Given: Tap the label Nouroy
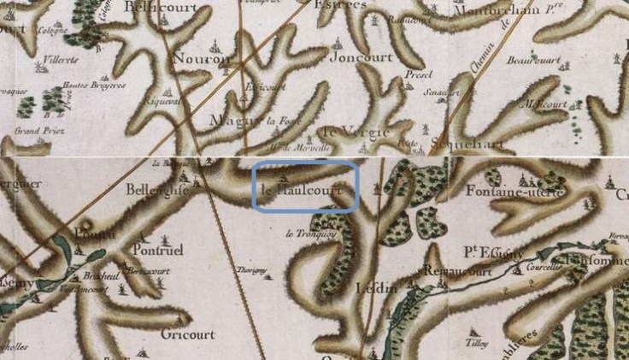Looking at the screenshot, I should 202,59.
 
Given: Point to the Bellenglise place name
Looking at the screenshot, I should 156,190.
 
